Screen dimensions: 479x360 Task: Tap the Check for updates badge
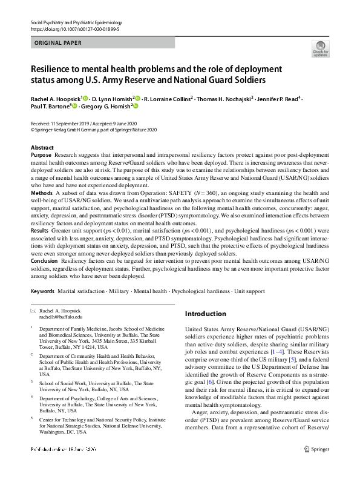[x=321, y=48]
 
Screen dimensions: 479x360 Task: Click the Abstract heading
[x=42, y=148]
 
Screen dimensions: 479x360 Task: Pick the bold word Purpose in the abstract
[x=41, y=156]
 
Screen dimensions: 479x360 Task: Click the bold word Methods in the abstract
[x=42, y=193]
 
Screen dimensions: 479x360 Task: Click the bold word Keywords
[x=43, y=291]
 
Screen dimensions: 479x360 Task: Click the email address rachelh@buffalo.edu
[x=61, y=316]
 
